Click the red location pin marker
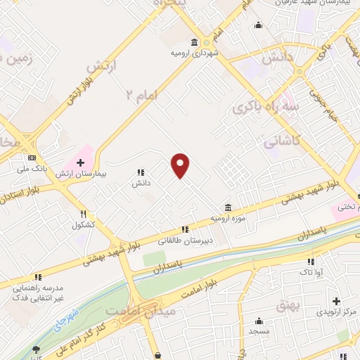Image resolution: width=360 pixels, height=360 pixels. (181, 166)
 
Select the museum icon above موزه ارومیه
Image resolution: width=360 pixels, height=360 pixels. (227, 208)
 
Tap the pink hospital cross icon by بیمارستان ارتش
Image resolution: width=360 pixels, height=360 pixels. (81, 162)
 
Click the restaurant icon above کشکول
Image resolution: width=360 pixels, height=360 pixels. (83, 214)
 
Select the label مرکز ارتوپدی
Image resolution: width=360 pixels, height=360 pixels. (337, 311)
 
